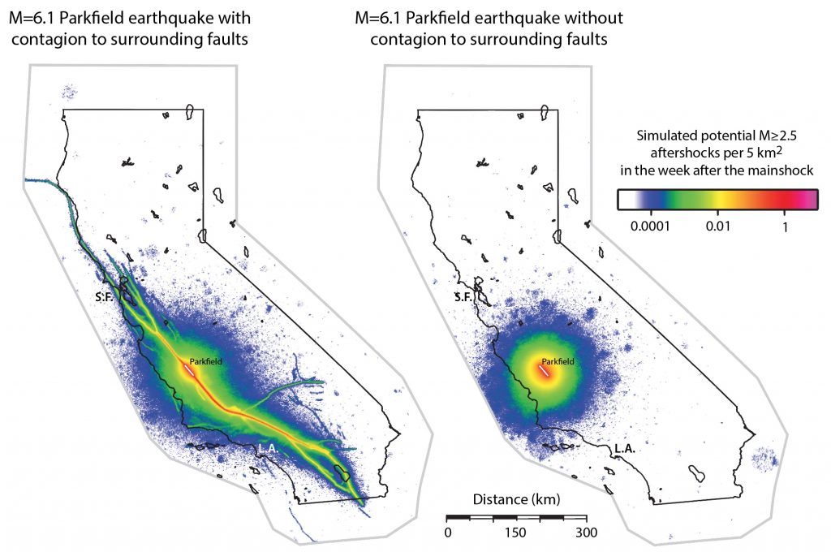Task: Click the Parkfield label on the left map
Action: tap(205, 361)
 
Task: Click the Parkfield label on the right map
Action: tap(558, 361)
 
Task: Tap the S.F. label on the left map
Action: tap(103, 297)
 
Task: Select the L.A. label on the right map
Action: tap(624, 447)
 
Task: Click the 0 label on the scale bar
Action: tap(447, 533)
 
